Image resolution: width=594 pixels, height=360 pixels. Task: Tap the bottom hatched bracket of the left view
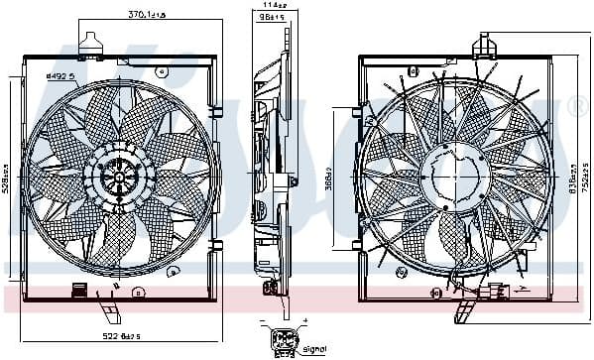pos(108,316)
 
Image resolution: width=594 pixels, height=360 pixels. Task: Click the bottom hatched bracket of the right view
pos(464,314)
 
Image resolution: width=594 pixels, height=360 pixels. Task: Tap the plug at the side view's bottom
pos(269,289)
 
